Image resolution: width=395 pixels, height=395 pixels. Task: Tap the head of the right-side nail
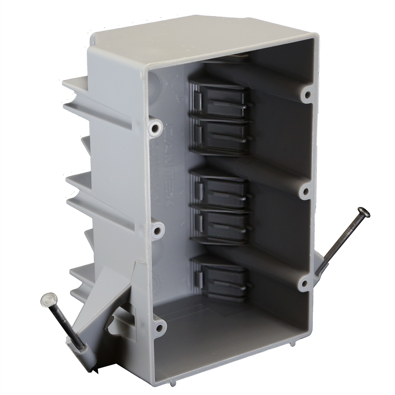coord(363,213)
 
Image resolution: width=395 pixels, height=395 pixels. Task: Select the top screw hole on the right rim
coord(306,95)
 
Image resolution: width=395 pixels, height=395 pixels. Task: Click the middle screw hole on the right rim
coord(305,192)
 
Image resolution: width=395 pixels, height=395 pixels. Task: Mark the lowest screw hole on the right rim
coord(304,282)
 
